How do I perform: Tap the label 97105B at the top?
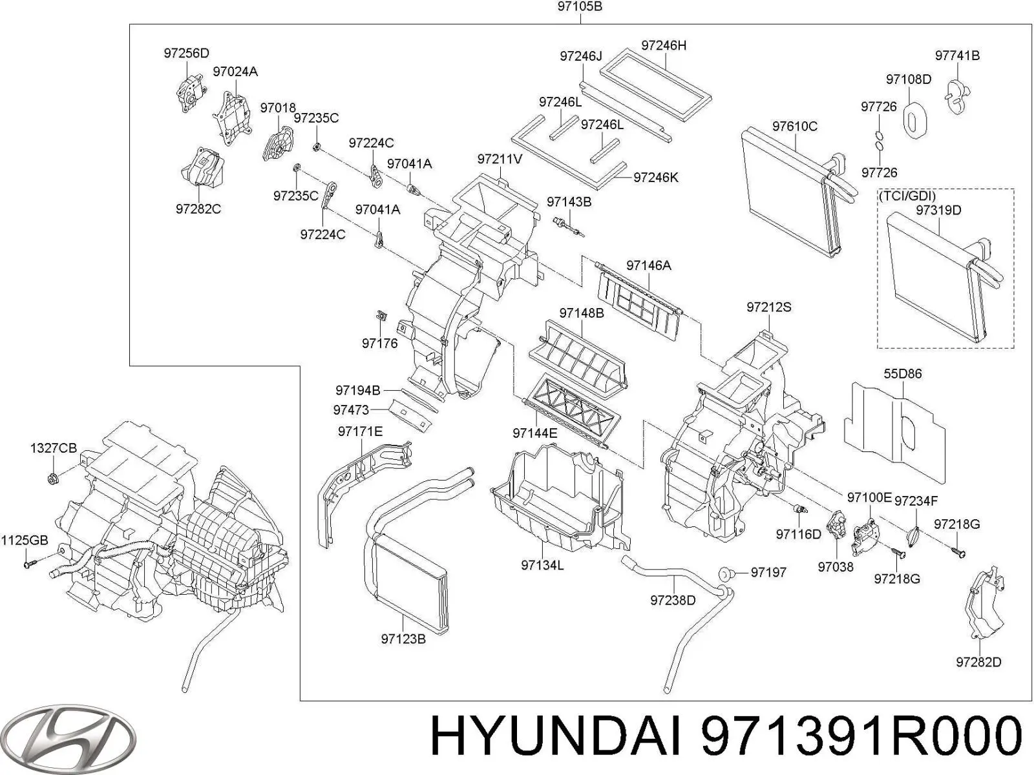click(580, 8)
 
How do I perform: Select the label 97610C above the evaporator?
click(794, 127)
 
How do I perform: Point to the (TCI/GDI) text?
click(906, 196)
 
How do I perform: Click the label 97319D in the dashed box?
click(938, 211)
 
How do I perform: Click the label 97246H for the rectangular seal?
click(664, 45)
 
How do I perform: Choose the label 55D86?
click(902, 374)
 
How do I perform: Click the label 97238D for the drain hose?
click(672, 601)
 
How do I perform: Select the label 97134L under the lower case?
click(542, 566)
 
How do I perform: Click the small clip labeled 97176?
click(381, 316)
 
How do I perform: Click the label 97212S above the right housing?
click(768, 307)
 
